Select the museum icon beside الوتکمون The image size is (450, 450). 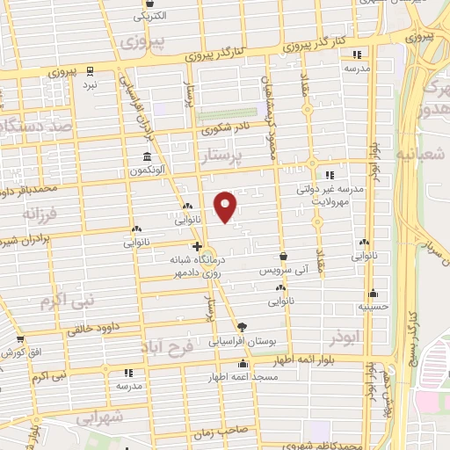[x=147, y=157]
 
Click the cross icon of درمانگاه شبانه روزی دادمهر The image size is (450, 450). [x=198, y=246]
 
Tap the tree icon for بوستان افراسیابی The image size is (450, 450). [x=255, y=326]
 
